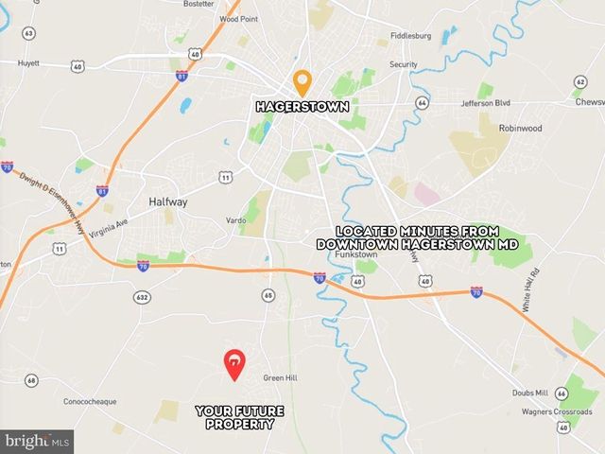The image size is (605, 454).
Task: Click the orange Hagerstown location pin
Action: (x=302, y=82)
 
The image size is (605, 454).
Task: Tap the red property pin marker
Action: (x=233, y=363)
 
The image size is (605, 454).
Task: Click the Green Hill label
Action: (x=280, y=377)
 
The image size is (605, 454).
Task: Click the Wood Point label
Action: (x=239, y=18)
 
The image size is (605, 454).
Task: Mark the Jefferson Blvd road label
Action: (x=486, y=103)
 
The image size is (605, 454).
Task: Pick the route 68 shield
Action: (x=31, y=380)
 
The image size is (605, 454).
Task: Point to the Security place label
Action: (x=404, y=64)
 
